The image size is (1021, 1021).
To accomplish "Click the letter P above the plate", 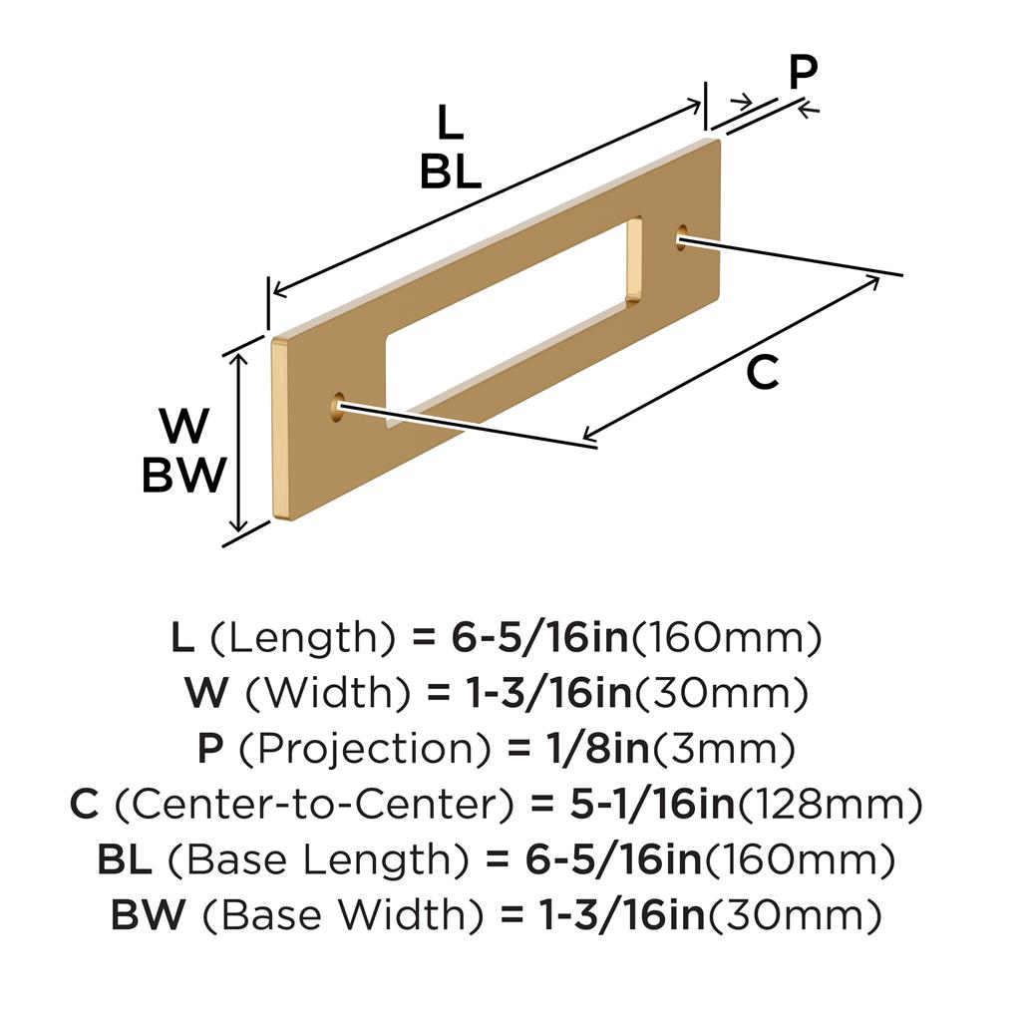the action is tap(803, 72).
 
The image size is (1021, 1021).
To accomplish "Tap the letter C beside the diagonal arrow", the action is tap(763, 372).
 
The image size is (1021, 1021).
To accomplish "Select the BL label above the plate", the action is tap(451, 172).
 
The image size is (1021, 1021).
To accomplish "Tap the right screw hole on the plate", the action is tap(682, 237).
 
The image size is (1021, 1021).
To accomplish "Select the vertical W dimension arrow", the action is tap(239, 443).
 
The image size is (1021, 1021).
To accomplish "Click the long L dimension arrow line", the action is tap(487, 198).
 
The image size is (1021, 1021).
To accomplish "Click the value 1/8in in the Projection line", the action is tap(598, 749).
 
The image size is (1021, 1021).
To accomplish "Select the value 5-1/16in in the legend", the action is tap(652, 805).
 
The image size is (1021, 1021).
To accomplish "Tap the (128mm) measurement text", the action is tap(830, 805).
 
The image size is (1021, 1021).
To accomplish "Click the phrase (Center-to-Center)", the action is tap(315, 805).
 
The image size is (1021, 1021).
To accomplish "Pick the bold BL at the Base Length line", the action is tap(125, 859).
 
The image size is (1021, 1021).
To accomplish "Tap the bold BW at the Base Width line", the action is tap(148, 915).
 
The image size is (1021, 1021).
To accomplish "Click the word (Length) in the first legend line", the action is tap(302, 638).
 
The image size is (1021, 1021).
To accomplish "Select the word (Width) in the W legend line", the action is tap(328, 694).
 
